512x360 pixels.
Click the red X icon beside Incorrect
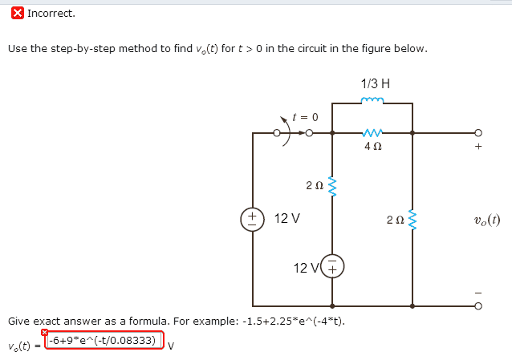click(18, 14)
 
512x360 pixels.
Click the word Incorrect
click(51, 14)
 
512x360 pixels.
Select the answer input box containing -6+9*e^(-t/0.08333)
click(104, 341)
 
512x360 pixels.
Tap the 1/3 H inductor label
click(376, 83)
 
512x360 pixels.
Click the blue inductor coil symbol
click(372, 100)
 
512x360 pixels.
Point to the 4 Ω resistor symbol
click(372, 132)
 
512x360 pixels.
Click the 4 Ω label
click(373, 146)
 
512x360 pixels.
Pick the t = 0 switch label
click(305, 117)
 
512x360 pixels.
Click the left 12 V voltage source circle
click(252, 220)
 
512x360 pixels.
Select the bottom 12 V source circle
click(332, 266)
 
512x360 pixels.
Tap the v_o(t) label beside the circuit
click(487, 220)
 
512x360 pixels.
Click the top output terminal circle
click(478, 133)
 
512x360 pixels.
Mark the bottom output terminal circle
click(478, 306)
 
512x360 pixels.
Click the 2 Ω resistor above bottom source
click(332, 187)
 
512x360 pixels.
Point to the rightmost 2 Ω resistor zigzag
click(412, 220)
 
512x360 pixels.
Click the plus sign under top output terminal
click(478, 146)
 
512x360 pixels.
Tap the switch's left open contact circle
click(277, 133)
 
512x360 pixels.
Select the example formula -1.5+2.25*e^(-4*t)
click(294, 322)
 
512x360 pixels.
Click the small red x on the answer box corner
click(44, 332)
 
